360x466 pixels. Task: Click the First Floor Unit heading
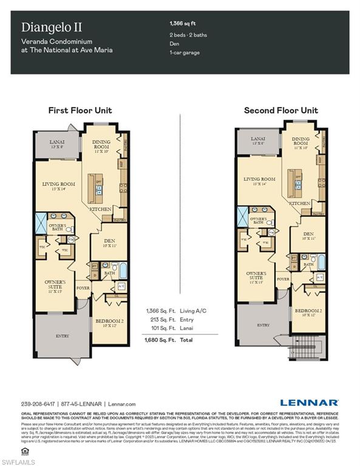(80, 110)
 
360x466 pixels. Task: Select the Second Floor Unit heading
(280, 110)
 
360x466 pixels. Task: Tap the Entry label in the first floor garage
(63, 335)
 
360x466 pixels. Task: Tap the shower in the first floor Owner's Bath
(42, 223)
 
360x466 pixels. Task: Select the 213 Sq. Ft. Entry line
(170, 320)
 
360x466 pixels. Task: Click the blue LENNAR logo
(310, 402)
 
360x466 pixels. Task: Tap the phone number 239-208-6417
(38, 404)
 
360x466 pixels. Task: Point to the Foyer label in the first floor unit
(83, 287)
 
